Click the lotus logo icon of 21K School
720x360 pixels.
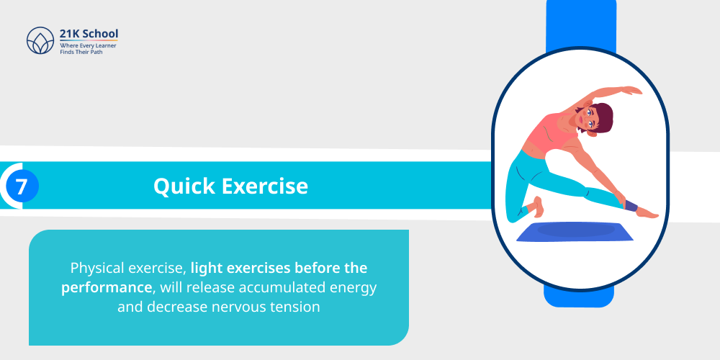[40, 41]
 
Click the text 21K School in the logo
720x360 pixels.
[89, 33]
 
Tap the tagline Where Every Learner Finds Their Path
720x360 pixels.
[88, 48]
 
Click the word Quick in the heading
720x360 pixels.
[184, 186]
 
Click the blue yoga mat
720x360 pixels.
[575, 232]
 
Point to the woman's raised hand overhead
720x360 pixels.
[629, 91]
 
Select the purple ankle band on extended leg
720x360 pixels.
[631, 207]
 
